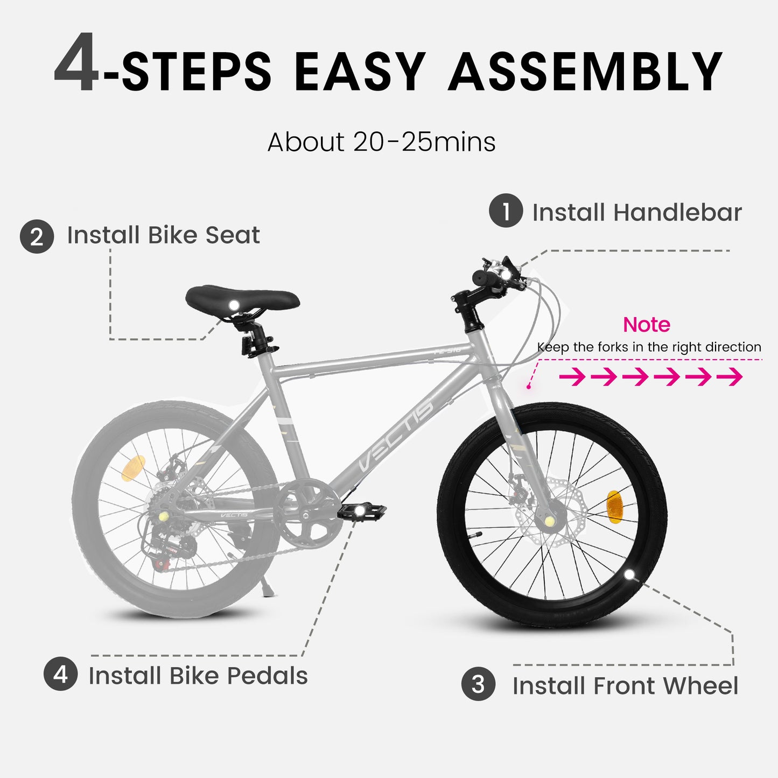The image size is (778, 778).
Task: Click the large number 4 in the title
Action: [76, 64]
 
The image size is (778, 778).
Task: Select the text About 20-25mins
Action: [381, 142]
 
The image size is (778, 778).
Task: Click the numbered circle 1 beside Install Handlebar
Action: [506, 211]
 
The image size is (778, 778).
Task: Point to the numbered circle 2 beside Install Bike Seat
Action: [37, 236]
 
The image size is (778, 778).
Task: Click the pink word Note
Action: [646, 325]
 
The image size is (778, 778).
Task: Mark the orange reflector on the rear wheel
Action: [133, 468]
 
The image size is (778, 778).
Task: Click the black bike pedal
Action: [362, 510]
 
